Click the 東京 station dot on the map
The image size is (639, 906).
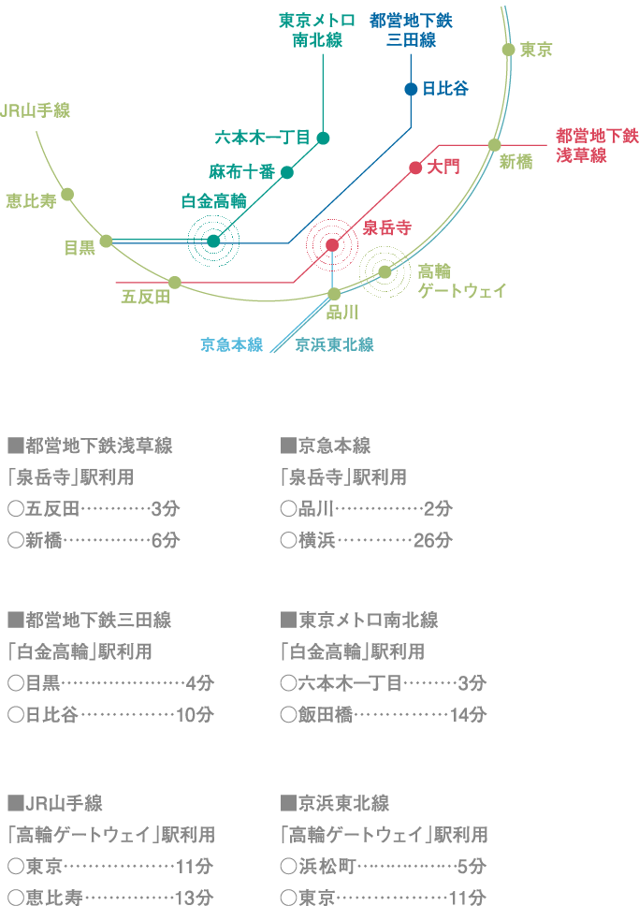coord(508,50)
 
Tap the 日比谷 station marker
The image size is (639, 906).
coord(411,89)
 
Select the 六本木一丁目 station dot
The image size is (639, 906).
coord(323,139)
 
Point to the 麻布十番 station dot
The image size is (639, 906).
coord(287,172)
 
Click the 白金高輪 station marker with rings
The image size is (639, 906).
coord(213,241)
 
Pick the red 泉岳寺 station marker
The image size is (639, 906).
coord(332,245)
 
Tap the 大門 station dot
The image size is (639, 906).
coord(415,168)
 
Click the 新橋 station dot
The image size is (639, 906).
coord(494,145)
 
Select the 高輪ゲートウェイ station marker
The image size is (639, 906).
coord(385,271)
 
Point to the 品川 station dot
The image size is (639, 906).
coord(334,294)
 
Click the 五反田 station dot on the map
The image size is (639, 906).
coord(175,282)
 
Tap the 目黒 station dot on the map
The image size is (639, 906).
coord(107,241)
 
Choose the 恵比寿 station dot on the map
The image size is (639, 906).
coord(67,195)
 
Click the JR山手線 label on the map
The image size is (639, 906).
coord(36,110)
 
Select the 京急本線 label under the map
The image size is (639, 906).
coord(231,344)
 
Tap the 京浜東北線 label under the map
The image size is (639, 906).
coord(334,344)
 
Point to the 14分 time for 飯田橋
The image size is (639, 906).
coord(468,715)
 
